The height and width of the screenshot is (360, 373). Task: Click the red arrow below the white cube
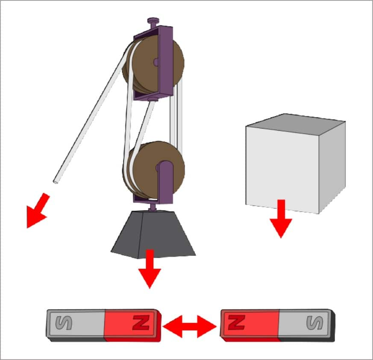[x=281, y=219]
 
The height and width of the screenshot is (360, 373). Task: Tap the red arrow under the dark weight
[x=150, y=269]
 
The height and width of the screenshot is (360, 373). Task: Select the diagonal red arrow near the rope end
[x=38, y=211]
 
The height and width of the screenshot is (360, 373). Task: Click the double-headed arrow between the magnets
[x=190, y=326]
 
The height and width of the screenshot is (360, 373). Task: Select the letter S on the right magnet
[x=315, y=322]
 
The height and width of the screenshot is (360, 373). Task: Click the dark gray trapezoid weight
[x=153, y=234]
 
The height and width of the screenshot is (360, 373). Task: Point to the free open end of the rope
[x=56, y=181]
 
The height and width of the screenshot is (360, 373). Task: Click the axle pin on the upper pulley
[x=156, y=62]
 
